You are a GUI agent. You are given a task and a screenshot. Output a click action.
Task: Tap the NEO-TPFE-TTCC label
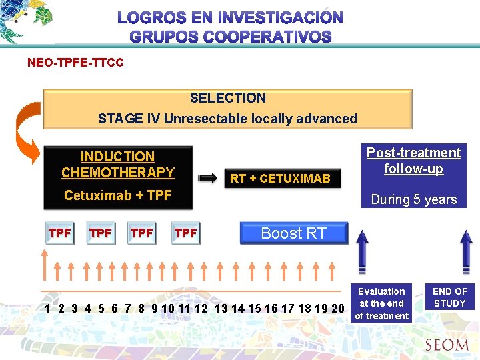75,63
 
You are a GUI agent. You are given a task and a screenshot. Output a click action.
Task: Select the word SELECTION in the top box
228,98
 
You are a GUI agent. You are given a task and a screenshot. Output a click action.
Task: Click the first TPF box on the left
60,233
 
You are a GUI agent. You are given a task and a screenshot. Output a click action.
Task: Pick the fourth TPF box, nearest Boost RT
185,233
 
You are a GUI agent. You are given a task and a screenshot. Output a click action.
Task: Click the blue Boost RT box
293,233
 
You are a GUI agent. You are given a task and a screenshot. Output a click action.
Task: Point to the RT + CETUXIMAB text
280,179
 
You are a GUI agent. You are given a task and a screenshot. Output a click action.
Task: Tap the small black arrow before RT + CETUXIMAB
209,178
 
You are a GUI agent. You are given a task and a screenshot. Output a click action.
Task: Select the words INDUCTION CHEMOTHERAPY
118,165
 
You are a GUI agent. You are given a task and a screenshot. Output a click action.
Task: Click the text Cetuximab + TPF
118,195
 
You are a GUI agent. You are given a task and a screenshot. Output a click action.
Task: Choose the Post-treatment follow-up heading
413,161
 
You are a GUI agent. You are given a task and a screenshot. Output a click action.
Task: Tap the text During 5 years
414,199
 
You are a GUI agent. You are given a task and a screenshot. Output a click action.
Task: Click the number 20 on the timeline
337,309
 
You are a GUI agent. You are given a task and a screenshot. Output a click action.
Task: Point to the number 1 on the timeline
47,309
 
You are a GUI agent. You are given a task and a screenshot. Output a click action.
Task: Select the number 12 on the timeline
201,309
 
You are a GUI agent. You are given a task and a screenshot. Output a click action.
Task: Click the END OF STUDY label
450,297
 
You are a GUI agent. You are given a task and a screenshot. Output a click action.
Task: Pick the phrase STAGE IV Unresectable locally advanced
227,119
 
